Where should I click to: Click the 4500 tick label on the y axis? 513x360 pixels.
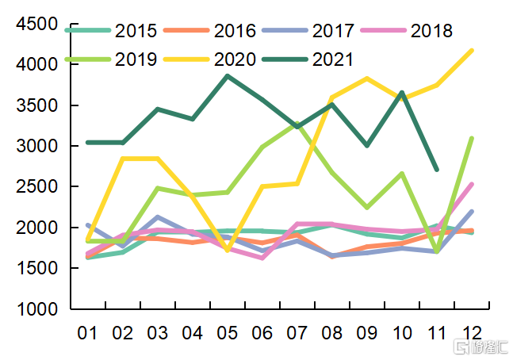(x=37, y=24)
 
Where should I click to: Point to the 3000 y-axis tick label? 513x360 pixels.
(x=37, y=147)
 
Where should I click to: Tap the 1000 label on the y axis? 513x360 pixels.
(x=37, y=310)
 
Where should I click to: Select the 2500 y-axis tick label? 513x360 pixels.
(x=37, y=187)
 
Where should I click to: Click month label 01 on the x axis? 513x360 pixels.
(x=86, y=332)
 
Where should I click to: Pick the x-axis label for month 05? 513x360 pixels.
(x=228, y=332)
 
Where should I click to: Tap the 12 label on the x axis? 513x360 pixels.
(x=473, y=332)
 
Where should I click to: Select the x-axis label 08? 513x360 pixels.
(x=332, y=332)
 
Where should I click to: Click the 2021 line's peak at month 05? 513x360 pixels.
(x=228, y=76)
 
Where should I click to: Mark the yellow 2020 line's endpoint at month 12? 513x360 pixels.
(x=473, y=50)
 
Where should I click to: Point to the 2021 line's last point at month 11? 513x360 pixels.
(x=437, y=170)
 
